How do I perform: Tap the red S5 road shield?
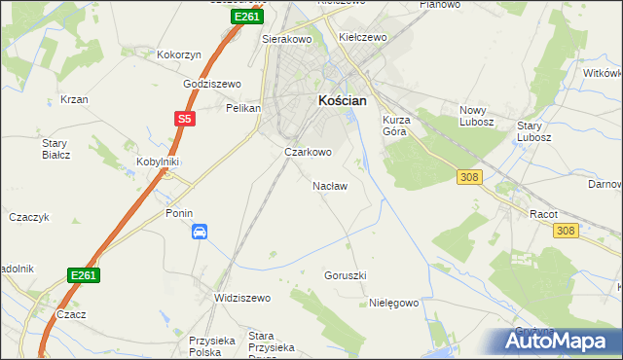pyautogui.click(x=185, y=120)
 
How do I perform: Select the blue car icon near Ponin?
pyautogui.click(x=199, y=232)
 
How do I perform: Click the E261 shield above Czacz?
pyautogui.click(x=84, y=276)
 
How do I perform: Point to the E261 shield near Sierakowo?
pyautogui.click(x=246, y=18)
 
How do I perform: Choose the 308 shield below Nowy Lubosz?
pyautogui.click(x=470, y=175)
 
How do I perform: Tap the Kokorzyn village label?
pyautogui.click(x=178, y=55)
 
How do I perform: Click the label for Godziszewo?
pyautogui.click(x=212, y=84)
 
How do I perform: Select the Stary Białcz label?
pyautogui.click(x=54, y=148)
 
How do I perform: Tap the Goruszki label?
pyautogui.click(x=345, y=275)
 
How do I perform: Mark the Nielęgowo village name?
pyautogui.click(x=393, y=303)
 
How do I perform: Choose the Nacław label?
pyautogui.click(x=329, y=185)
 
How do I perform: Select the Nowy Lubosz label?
pyautogui.click(x=477, y=116)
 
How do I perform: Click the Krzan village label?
pyautogui.click(x=74, y=100)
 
